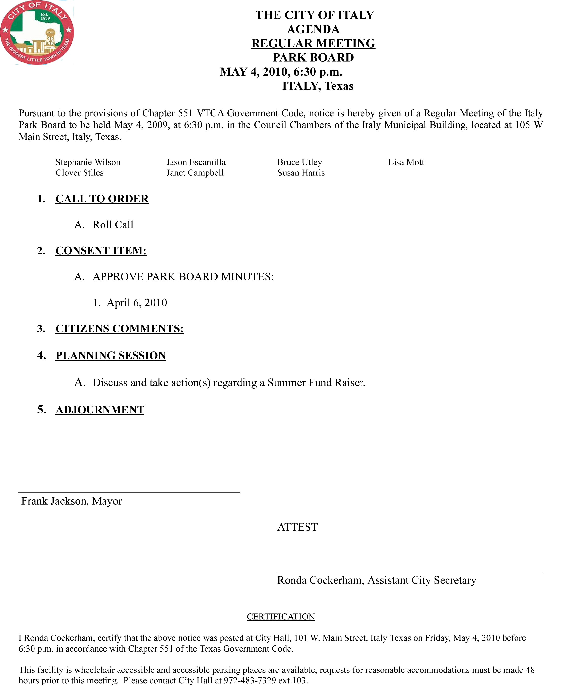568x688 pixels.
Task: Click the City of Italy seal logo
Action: point(37,32)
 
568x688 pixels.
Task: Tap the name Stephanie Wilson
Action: point(88,162)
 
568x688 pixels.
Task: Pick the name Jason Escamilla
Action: point(196,162)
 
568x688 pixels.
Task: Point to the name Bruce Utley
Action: point(300,162)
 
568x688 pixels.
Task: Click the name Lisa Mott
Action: point(406,162)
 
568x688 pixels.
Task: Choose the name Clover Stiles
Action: point(80,173)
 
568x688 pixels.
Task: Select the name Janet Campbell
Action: point(195,173)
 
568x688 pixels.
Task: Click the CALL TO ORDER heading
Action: point(102,199)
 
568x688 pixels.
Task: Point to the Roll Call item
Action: point(113,225)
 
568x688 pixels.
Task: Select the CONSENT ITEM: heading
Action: point(101,251)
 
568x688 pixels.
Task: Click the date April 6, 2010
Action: point(137,303)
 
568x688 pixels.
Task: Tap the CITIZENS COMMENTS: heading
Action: point(120,329)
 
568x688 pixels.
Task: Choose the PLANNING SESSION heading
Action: point(111,356)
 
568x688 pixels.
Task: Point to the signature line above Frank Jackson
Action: point(129,492)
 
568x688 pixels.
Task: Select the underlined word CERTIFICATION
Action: point(281,617)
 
